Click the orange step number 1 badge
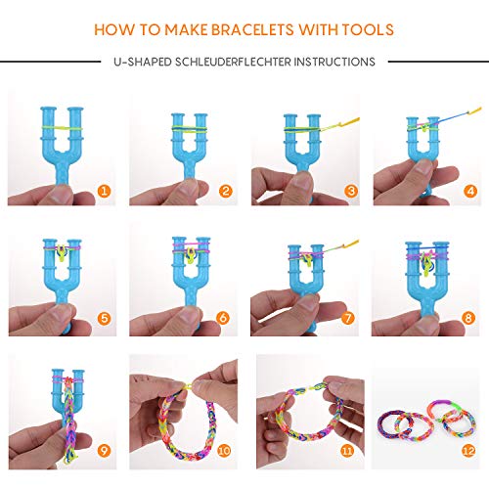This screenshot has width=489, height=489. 104,191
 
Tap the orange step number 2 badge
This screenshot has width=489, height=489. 226,191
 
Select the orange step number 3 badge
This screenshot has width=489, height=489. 348,191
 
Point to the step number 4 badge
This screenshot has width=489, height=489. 470,191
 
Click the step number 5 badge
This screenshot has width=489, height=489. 104,316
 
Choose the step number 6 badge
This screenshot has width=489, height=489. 226,316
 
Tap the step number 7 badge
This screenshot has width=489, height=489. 348,316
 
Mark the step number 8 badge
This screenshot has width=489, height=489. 470,316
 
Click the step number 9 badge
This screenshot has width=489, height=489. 104,451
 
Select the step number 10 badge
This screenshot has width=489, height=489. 226,451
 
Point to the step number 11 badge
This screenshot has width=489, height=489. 348,451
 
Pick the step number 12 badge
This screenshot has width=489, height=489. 470,451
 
